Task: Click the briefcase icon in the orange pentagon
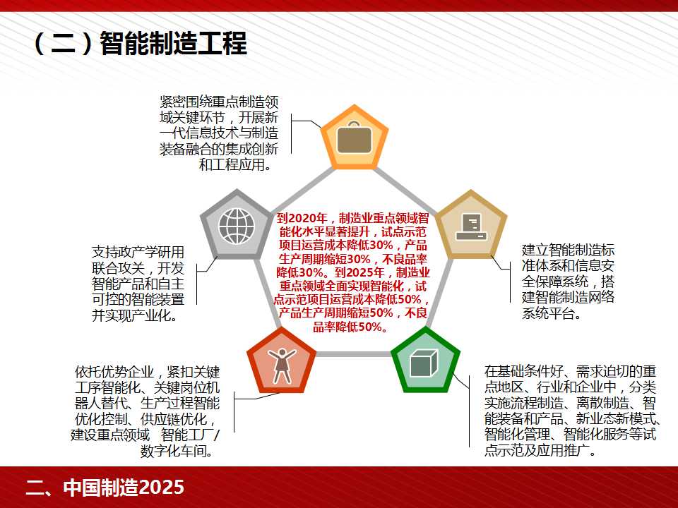[x=354, y=138]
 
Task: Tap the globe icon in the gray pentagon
[x=237, y=226]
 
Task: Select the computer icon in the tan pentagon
[x=471, y=226]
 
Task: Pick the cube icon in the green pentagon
[x=424, y=363]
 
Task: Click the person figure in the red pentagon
[x=282, y=365]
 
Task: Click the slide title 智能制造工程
[x=174, y=43]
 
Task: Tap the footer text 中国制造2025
[x=124, y=488]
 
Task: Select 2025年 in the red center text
[x=366, y=272]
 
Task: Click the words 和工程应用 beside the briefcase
[x=232, y=164]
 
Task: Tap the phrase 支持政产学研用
[x=138, y=253]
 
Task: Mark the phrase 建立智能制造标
[x=568, y=250]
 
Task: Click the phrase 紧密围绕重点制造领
[x=219, y=102]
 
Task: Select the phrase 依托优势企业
[x=114, y=372]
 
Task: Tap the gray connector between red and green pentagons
[x=354, y=354]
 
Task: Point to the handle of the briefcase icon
[x=354, y=124]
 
